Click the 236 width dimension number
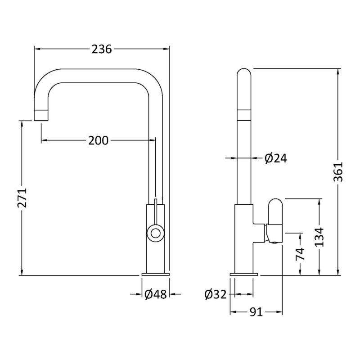click(x=102, y=49)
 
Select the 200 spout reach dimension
click(x=98, y=140)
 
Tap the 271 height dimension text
click(x=22, y=198)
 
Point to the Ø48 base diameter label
click(x=155, y=294)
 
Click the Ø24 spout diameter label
click(x=275, y=158)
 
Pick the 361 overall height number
click(x=338, y=172)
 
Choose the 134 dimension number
click(x=319, y=237)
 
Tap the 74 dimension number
click(x=300, y=254)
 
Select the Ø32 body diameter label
click(x=216, y=294)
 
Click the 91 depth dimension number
click(x=256, y=312)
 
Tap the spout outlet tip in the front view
click(x=41, y=115)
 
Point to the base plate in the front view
click(x=156, y=274)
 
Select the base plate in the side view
click(x=244, y=274)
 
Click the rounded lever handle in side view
click(x=275, y=220)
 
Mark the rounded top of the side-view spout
click(x=244, y=72)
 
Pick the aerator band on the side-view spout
click(x=244, y=115)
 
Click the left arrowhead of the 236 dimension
click(x=37, y=49)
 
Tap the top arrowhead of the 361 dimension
click(x=338, y=72)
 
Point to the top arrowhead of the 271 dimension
click(x=22, y=124)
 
